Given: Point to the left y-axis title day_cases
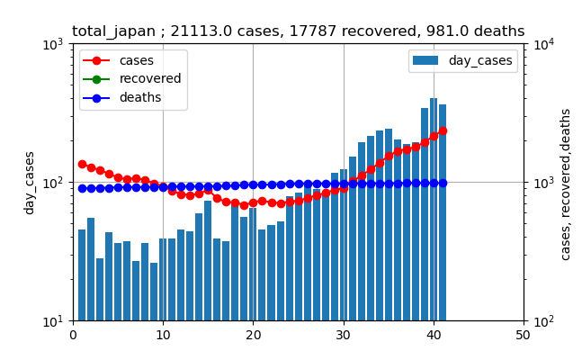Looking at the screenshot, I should [x=30, y=183].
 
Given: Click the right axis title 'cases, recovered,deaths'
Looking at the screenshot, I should [x=566, y=184].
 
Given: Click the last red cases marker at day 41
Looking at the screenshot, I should [x=443, y=130].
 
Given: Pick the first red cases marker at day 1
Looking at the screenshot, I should [x=82, y=164].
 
